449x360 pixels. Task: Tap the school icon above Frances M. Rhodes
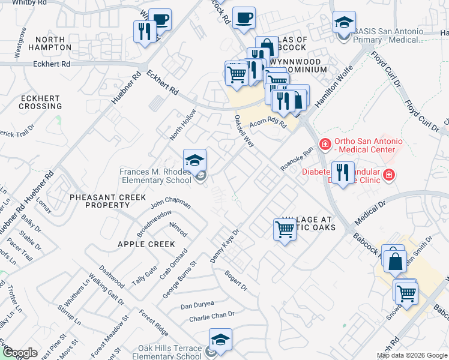194,160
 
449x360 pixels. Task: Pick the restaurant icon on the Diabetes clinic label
343,173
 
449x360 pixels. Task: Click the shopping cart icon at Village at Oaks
285,229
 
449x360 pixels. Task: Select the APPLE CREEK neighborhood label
146,244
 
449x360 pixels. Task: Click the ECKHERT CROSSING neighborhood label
40,102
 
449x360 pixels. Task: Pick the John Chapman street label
170,204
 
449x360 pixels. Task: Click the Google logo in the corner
20,353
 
